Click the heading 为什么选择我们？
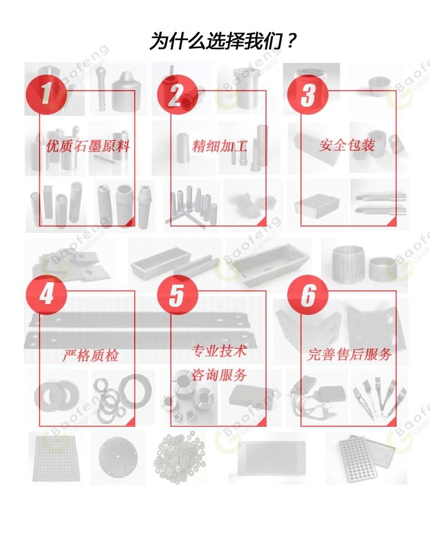pyautogui.click(x=222, y=40)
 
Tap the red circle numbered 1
pyautogui.click(x=46, y=94)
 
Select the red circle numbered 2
pyautogui.click(x=177, y=94)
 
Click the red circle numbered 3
pyautogui.click(x=307, y=94)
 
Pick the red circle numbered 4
pyautogui.click(x=46, y=294)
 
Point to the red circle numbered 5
pyautogui.click(x=177, y=294)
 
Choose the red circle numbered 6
pyautogui.click(x=307, y=294)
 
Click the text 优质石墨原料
pyautogui.click(x=88, y=146)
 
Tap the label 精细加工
pyautogui.click(x=219, y=146)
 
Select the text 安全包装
pyautogui.click(x=347, y=145)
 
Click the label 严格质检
pyautogui.click(x=91, y=355)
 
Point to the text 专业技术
pyautogui.click(x=219, y=351)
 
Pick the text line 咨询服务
pyautogui.click(x=219, y=375)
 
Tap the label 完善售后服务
pyautogui.click(x=349, y=354)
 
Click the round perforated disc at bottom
pyautogui.click(x=118, y=457)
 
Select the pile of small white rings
pyautogui.click(x=178, y=457)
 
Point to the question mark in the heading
pyautogui.click(x=290, y=40)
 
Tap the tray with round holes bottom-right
pyautogui.click(x=366, y=458)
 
